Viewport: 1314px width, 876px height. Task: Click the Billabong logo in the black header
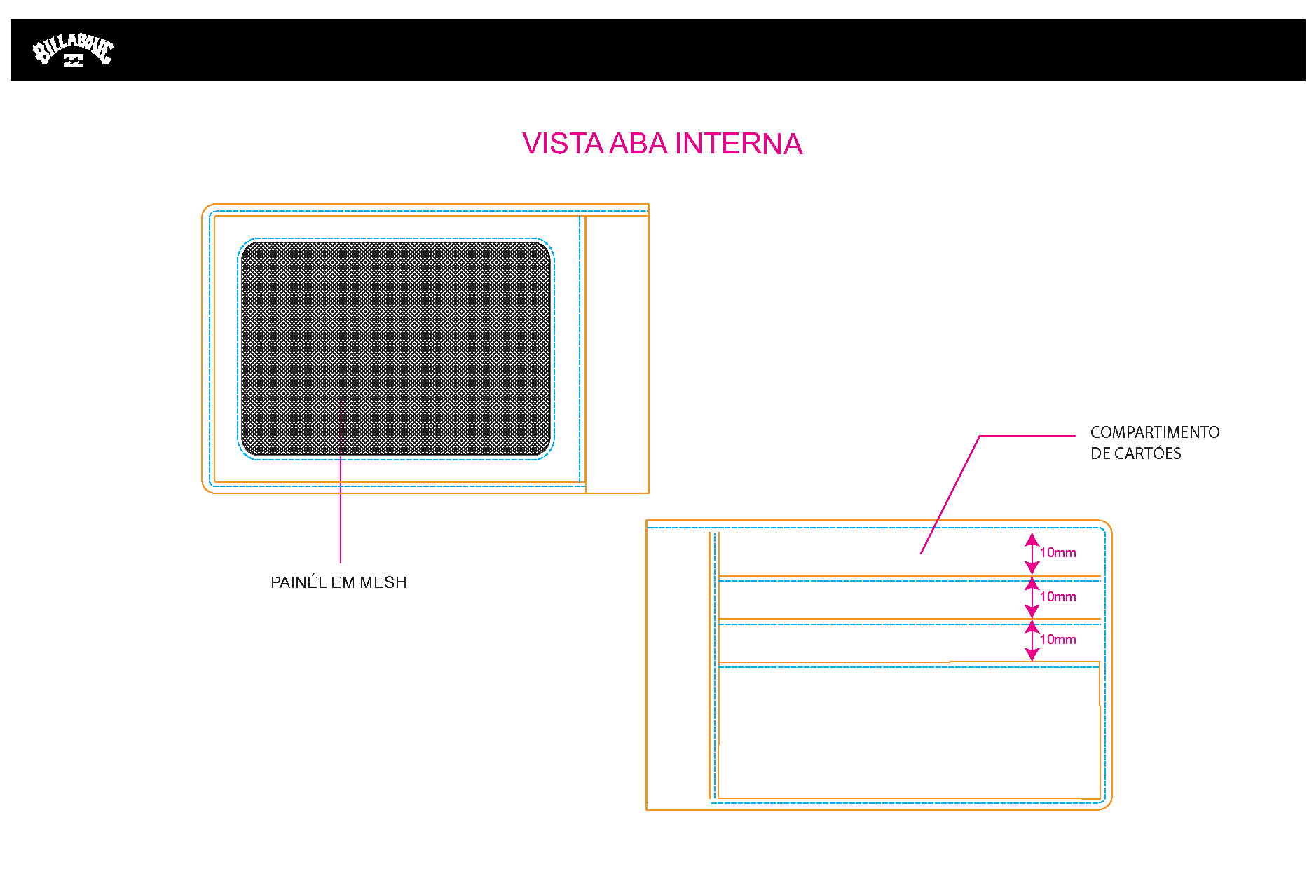coord(74,50)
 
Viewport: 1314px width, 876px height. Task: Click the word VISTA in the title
coord(563,144)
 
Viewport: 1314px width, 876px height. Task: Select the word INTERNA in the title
coord(739,144)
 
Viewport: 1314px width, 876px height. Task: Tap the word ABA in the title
coord(638,144)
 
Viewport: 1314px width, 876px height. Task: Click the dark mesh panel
coord(396,349)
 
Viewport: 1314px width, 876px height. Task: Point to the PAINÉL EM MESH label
coord(338,582)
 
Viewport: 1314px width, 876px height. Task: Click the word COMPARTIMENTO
coord(1155,432)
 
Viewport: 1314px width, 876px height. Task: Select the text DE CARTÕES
coord(1135,453)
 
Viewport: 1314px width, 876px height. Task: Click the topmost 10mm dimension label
coord(1058,553)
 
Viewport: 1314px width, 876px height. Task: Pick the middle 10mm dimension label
coord(1058,597)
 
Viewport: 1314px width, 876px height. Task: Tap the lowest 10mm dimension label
coord(1058,640)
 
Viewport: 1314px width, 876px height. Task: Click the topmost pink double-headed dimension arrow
coord(1032,554)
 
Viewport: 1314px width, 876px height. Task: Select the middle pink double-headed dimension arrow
coord(1032,597)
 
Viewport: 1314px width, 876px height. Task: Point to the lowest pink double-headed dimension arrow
coord(1032,641)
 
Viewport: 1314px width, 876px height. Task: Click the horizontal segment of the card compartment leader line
coord(1027,436)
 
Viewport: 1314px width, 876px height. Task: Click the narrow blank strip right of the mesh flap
coord(617,354)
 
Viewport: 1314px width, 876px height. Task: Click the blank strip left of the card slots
coord(678,666)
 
